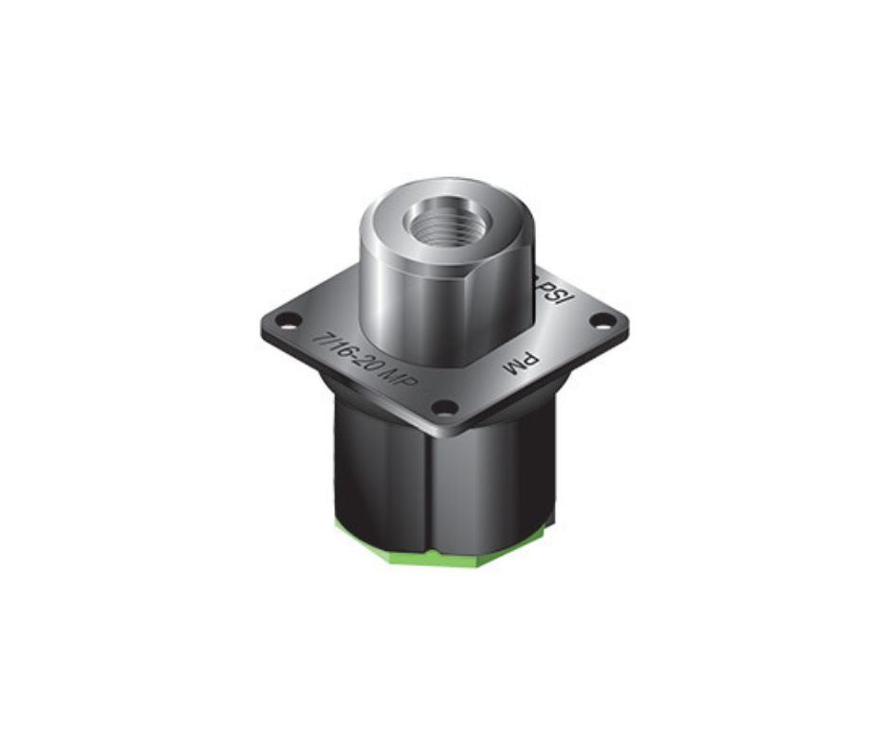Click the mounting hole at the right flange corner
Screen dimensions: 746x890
599,320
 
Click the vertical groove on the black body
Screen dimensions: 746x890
432,492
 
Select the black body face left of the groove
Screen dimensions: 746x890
379,473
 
